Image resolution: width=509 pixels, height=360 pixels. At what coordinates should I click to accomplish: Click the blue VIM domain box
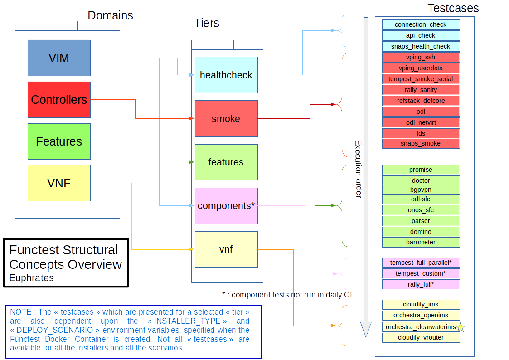59,58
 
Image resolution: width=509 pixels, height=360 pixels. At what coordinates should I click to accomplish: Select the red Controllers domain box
59,100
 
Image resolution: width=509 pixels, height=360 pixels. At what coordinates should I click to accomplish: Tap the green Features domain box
59,141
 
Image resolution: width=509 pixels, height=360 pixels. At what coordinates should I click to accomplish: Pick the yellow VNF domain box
59,183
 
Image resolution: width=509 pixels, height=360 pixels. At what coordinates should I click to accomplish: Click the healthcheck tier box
226,75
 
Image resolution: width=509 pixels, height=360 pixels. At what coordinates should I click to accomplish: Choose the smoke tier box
226,119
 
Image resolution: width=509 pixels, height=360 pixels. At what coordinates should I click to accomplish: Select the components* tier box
226,206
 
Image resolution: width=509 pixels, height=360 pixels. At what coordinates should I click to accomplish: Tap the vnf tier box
226,249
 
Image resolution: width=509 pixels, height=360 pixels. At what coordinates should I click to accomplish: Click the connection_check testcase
421,24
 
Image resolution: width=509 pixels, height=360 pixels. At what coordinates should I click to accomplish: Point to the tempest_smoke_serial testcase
421,79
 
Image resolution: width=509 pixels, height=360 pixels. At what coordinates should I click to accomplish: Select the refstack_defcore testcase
421,101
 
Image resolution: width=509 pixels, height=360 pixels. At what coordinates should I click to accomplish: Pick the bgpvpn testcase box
421,190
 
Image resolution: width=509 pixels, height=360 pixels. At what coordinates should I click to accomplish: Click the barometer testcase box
421,242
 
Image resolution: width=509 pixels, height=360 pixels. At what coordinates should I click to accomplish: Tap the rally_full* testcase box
421,284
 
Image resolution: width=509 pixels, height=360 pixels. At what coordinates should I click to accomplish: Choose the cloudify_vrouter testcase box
421,338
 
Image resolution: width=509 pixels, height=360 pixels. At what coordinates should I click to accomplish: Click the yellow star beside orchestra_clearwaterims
461,327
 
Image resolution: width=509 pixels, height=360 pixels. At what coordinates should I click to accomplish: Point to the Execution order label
358,169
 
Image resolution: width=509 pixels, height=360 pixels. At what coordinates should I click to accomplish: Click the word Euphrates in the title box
31,278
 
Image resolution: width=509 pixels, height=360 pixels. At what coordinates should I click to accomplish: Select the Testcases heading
453,8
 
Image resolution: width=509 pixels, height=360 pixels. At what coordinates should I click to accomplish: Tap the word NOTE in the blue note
20,312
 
